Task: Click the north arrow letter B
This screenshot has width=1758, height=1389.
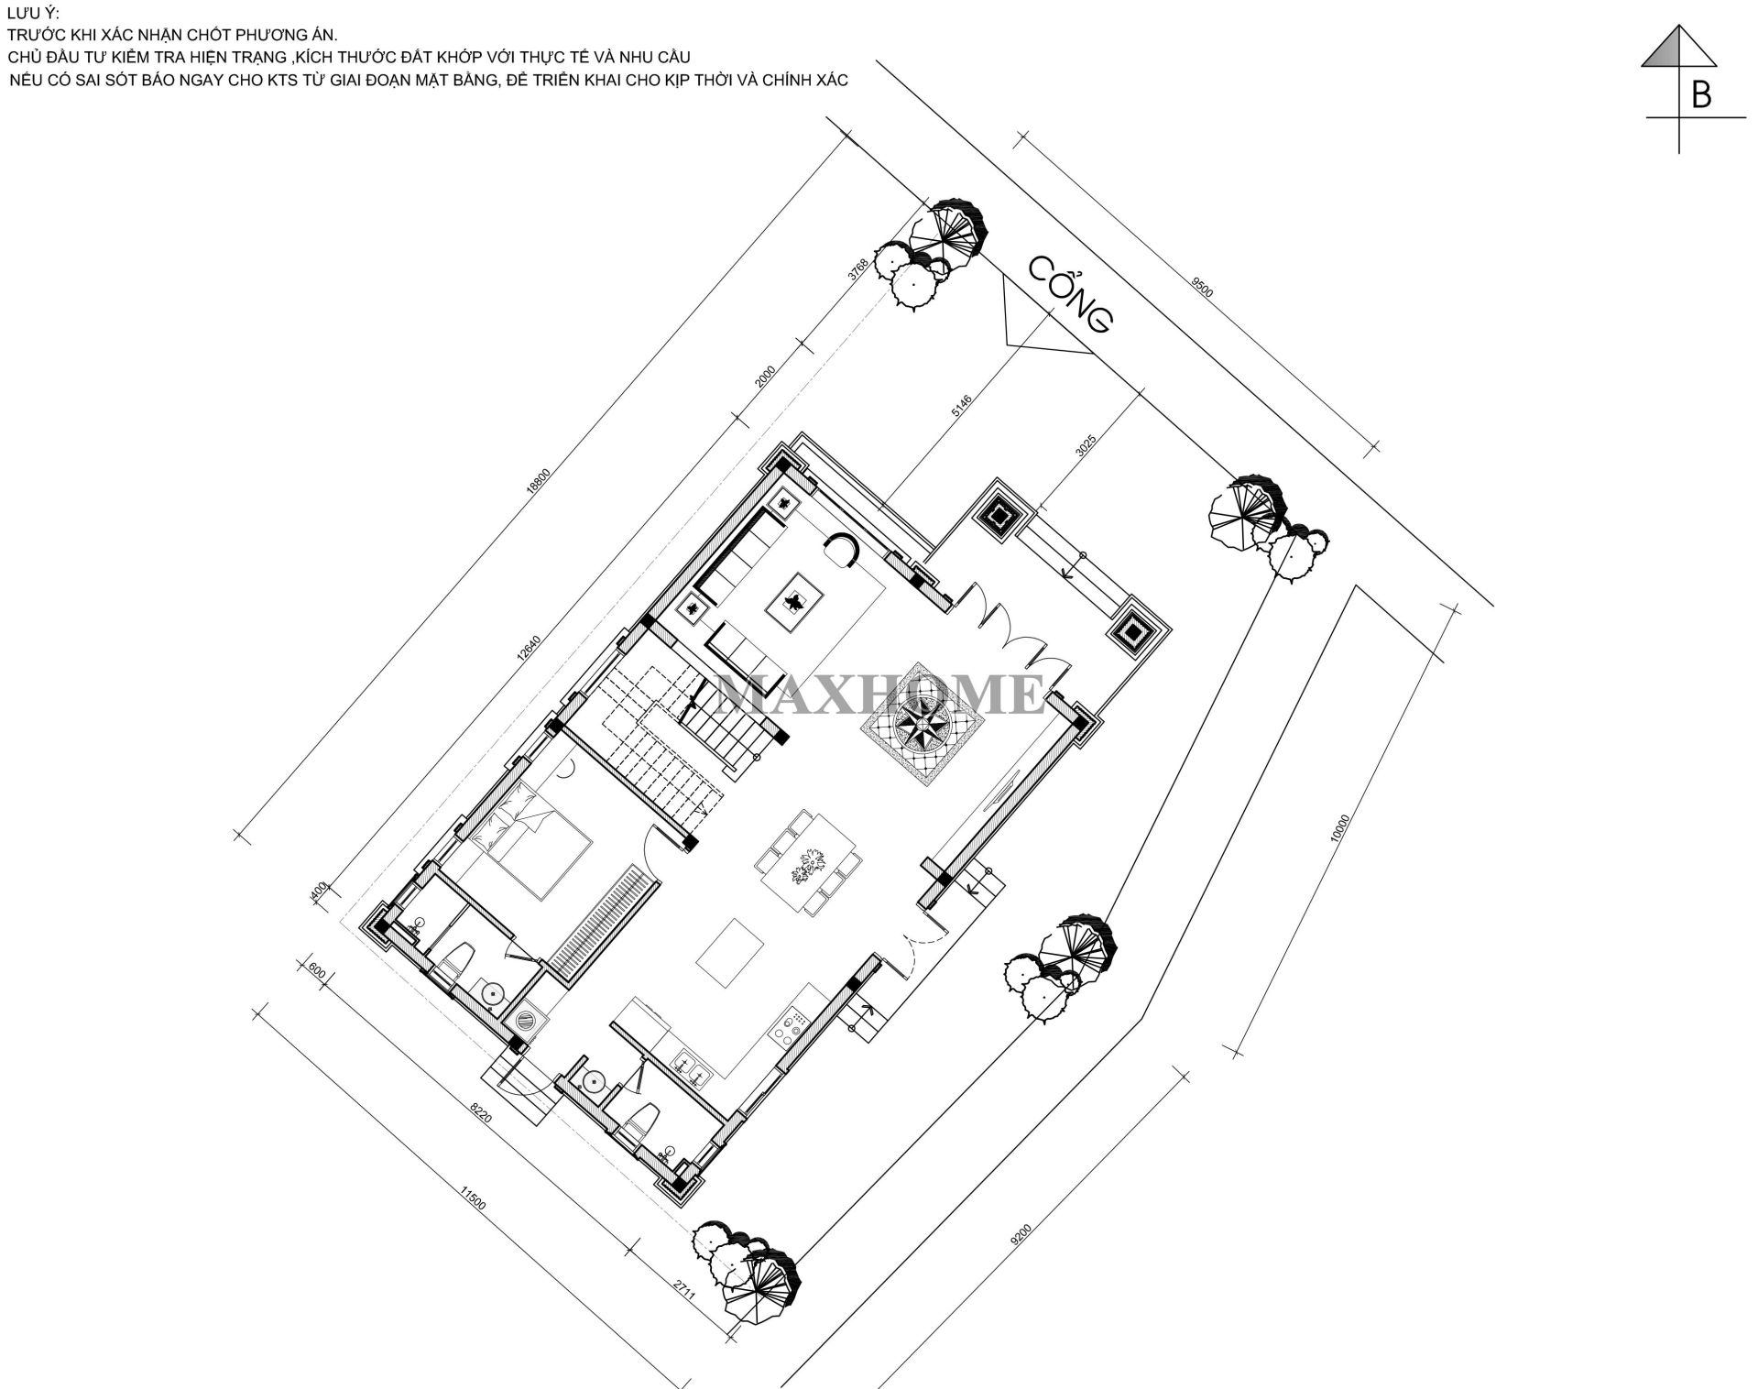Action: click(x=1700, y=95)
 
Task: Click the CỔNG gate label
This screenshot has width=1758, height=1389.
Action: click(x=1069, y=293)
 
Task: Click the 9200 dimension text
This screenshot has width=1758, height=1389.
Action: click(x=1020, y=1234)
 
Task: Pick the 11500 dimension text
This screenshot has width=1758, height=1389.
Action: click(x=472, y=1198)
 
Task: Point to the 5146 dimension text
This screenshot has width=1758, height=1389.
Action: click(x=961, y=406)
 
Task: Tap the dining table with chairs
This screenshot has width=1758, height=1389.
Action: click(x=808, y=862)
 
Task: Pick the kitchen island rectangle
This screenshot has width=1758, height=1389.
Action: click(x=730, y=954)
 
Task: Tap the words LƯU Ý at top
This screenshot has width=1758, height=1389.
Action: click(x=32, y=12)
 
